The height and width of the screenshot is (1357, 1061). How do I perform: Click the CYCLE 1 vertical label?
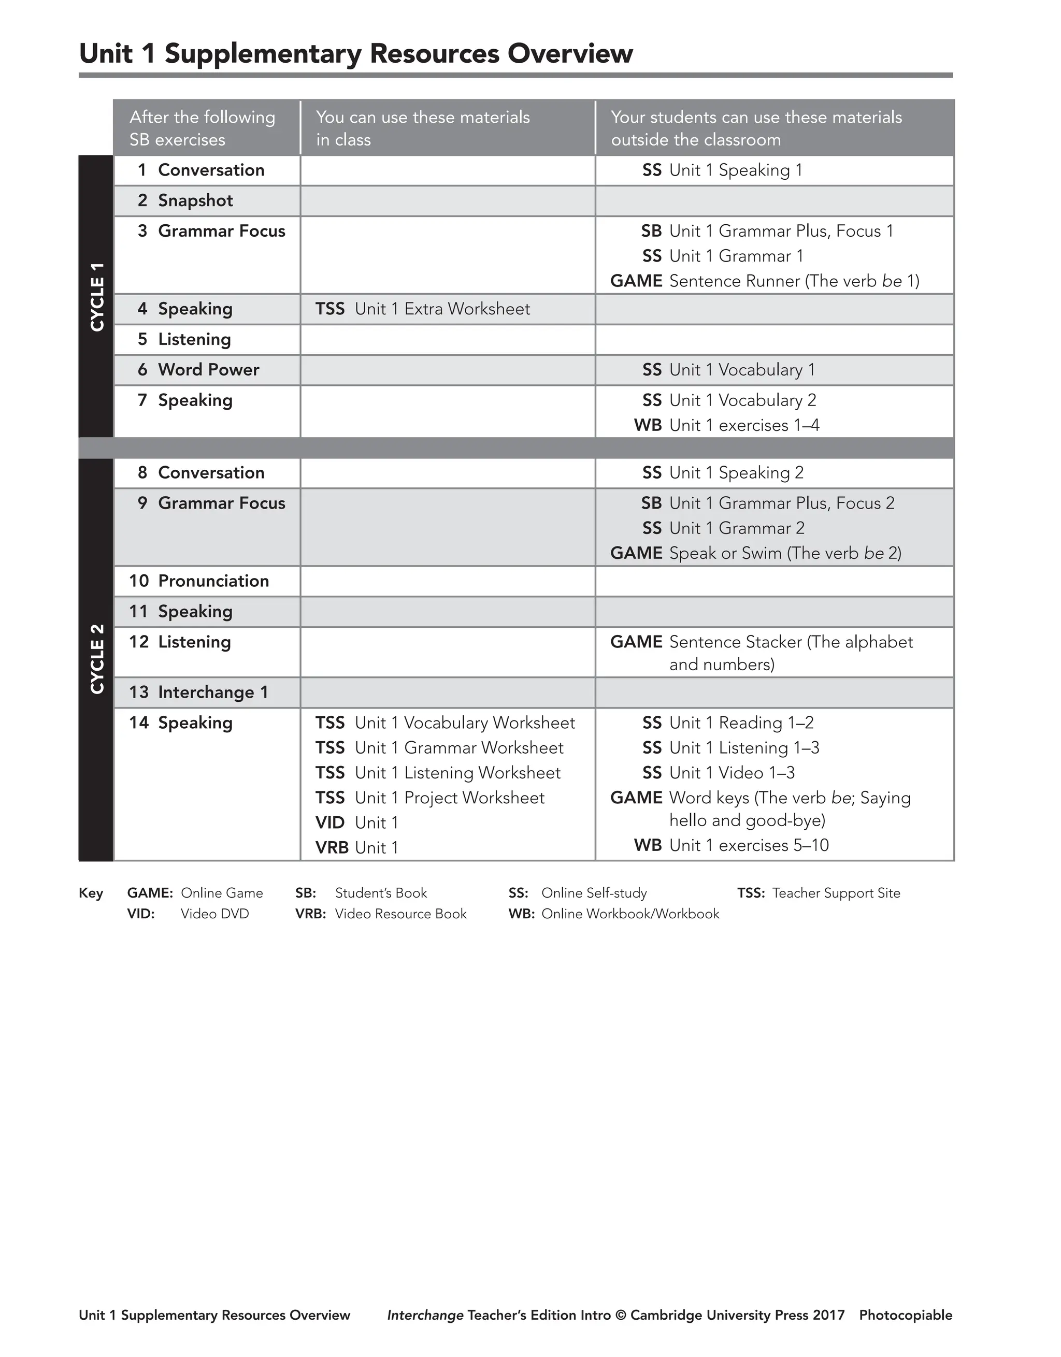(x=96, y=296)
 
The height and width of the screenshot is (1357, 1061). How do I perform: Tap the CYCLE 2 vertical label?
(x=96, y=659)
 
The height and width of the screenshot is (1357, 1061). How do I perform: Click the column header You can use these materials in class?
(x=423, y=128)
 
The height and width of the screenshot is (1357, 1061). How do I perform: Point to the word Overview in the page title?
(x=570, y=53)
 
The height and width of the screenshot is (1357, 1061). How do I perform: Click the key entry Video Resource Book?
(x=400, y=914)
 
